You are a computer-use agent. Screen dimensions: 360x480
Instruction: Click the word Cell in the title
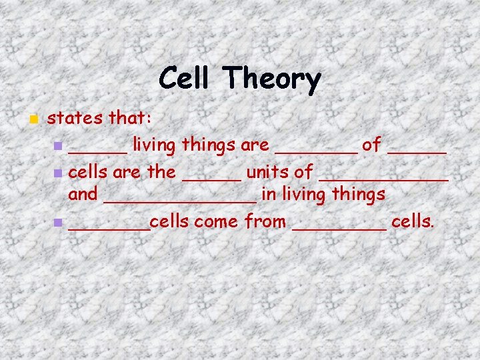coord(186,79)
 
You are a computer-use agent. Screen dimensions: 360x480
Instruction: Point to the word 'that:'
coord(131,119)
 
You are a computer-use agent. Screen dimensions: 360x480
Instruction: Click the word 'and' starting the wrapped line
coord(83,194)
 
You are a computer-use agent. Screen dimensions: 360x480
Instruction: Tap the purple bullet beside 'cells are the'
coord(58,173)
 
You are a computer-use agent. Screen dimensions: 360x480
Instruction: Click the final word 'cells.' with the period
coord(413,221)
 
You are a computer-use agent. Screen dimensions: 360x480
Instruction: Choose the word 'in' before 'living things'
coord(269,194)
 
